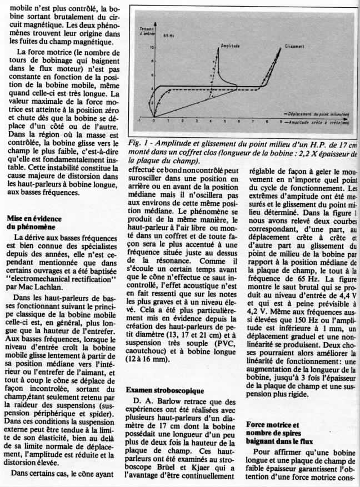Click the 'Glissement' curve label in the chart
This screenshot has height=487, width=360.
coord(294,46)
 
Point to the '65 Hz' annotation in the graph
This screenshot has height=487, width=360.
coord(167,35)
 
